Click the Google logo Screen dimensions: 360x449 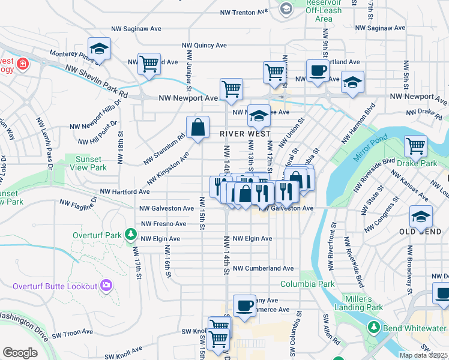pyautogui.click(x=20, y=353)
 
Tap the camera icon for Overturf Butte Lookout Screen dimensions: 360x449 pyautogui.click(x=106, y=286)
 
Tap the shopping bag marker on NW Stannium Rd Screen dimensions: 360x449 pyautogui.click(x=197, y=127)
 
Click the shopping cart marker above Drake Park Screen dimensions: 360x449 pyautogui.click(x=415, y=145)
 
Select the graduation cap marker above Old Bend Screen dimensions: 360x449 pyautogui.click(x=420, y=217)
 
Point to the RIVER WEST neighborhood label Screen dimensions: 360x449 pyautogui.click(x=245, y=134)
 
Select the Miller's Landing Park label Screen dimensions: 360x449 pyautogui.click(x=363, y=303)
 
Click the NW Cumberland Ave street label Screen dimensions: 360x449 pyautogui.click(x=263, y=268)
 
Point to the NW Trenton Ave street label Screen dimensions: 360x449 pyautogui.click(x=245, y=11)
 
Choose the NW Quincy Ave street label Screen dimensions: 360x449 pyautogui.click(x=205, y=45)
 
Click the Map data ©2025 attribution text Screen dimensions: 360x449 pyautogui.click(x=423, y=355)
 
